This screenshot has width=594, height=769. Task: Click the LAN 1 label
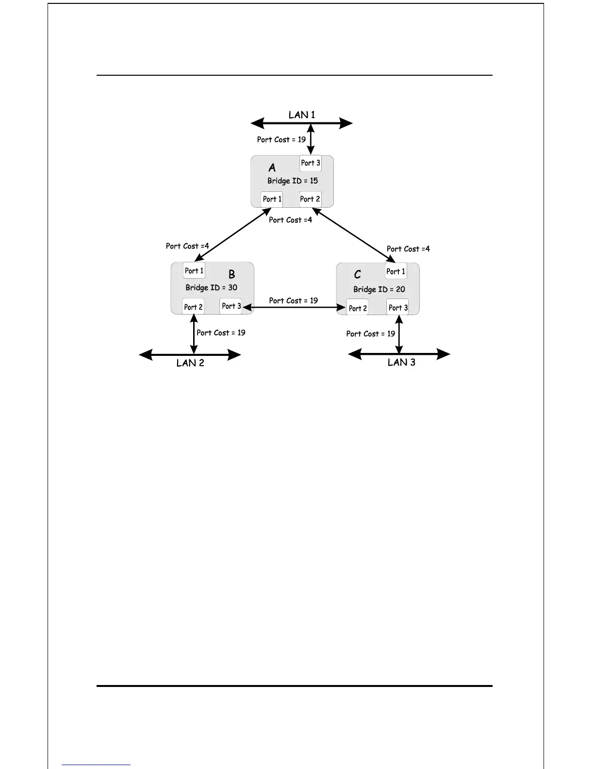coord(301,115)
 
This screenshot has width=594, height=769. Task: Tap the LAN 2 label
coord(190,363)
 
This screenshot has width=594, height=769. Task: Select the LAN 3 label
coord(401,362)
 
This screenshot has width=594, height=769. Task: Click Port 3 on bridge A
coord(311,163)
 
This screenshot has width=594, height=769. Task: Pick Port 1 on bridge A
coord(272,199)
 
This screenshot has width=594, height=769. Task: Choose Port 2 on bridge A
coord(310,199)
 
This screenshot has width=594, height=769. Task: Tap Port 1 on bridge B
coord(194,271)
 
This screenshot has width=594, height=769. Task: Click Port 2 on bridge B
coord(193,307)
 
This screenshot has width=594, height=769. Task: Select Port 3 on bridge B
coord(231,306)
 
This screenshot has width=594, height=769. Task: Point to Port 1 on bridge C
coord(396,271)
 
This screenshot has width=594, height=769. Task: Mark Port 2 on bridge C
coord(358,308)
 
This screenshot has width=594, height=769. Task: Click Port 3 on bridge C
coord(398,308)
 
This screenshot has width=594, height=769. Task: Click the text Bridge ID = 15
coord(293,181)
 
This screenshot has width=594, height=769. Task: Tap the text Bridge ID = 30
coord(212,288)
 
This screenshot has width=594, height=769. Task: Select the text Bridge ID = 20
coord(379,290)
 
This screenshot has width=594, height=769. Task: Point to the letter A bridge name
coord(272,168)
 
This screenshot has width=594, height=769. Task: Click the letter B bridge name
coord(232,275)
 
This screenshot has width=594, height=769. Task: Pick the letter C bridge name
coord(358,275)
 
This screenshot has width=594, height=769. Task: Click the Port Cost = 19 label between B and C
coord(294,301)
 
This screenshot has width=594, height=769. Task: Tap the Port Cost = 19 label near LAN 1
coord(281,140)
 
